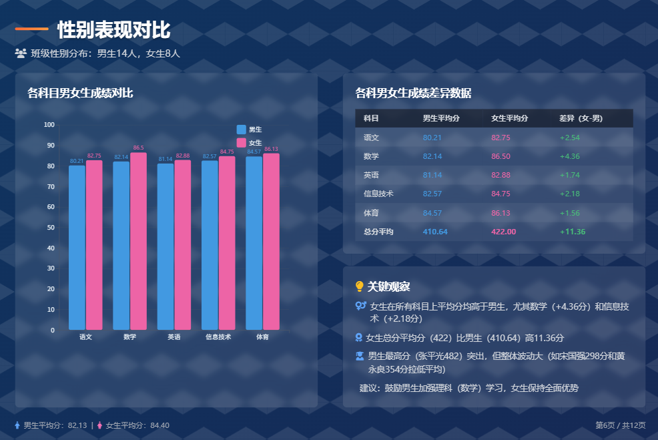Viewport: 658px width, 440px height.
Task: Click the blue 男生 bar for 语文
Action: tap(77, 247)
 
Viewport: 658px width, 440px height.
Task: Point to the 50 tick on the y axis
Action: tap(50, 228)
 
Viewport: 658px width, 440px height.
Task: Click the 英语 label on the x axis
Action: tap(174, 337)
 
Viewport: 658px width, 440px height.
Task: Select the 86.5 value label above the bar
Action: tap(138, 148)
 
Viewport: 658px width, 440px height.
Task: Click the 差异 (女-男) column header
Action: tap(581, 118)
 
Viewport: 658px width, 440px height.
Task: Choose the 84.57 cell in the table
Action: tap(432, 213)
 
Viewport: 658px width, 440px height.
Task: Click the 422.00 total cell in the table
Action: tap(503, 232)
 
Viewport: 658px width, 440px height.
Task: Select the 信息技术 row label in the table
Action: tap(378, 194)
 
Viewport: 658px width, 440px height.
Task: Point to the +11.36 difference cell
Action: tap(572, 232)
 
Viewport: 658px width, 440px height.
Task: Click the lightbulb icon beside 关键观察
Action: tap(360, 286)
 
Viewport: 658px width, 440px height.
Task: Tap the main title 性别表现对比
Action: tap(113, 30)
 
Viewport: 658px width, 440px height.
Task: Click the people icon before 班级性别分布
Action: tap(21, 53)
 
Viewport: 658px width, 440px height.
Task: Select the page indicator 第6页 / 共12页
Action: tap(620, 425)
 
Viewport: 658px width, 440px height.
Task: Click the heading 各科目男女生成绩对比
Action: tap(80, 93)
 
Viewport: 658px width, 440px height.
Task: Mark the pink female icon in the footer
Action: tap(100, 425)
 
